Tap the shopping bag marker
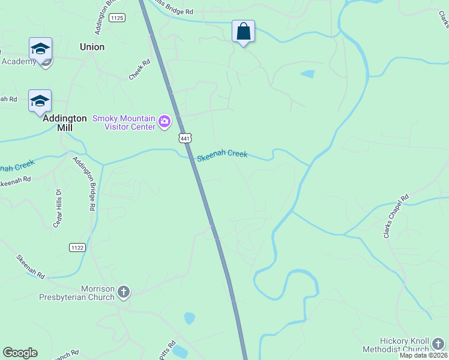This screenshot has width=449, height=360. pyautogui.click(x=243, y=32)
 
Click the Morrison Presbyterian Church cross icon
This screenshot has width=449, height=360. pyautogui.click(x=124, y=292)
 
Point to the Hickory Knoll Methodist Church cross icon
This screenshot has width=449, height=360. pyautogui.click(x=438, y=344)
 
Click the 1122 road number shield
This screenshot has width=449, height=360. pyautogui.click(x=77, y=247)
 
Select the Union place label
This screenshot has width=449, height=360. pyautogui.click(x=92, y=47)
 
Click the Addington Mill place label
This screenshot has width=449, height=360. pyautogui.click(x=65, y=123)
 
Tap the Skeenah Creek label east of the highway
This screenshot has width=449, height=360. pyautogui.click(x=222, y=155)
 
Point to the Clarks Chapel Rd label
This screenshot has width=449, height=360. pyautogui.click(x=396, y=215)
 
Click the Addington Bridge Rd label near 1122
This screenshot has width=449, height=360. pyautogui.click(x=85, y=184)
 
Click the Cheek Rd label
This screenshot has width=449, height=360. pyautogui.click(x=139, y=73)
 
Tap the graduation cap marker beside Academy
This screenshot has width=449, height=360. pyautogui.click(x=40, y=49)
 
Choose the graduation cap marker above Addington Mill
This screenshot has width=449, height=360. pyautogui.click(x=40, y=101)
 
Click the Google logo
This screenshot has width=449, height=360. pyautogui.click(x=20, y=353)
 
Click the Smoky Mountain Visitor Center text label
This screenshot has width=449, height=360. pyautogui.click(x=124, y=122)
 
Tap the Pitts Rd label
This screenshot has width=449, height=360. pyautogui.click(x=167, y=350)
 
